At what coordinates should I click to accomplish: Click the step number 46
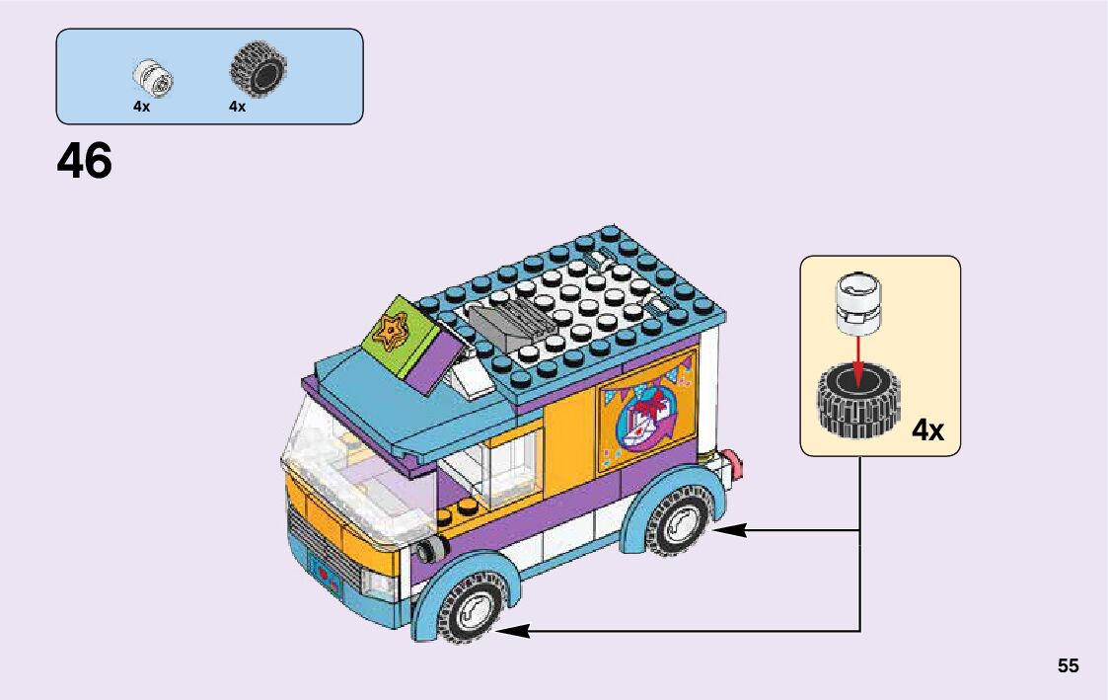85,161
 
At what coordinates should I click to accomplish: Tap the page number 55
1069,665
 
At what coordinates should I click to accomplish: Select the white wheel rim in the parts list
154,77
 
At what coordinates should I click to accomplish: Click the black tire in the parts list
258,69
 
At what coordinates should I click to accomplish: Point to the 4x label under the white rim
141,107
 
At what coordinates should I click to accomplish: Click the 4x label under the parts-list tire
237,107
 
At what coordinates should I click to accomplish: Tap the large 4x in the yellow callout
927,430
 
